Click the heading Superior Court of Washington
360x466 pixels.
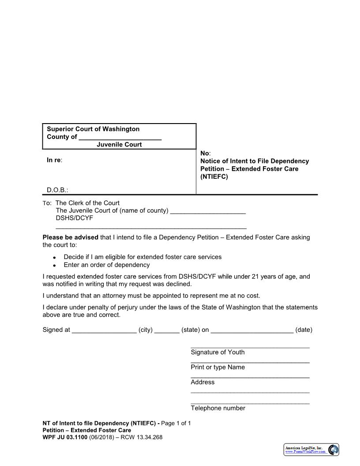coord(93,129)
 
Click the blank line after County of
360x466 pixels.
coord(120,137)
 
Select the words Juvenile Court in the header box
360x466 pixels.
coord(119,144)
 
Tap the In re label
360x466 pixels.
coord(55,160)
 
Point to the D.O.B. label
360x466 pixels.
coord(57,190)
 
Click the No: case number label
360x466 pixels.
coord(205,153)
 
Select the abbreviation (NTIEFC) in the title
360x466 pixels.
coord(214,177)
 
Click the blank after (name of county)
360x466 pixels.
coord(207,211)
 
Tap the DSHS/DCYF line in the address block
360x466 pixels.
coord(74,218)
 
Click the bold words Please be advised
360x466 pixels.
coord(71,237)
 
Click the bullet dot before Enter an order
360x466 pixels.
coord(54,266)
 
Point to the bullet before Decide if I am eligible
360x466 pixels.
coord(54,257)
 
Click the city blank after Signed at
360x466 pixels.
coord(104,331)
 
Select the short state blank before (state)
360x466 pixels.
coord(167,331)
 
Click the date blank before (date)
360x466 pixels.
coord(252,331)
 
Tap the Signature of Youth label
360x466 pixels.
coord(217,352)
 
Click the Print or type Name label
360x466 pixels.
coord(217,367)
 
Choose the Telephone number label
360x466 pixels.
coord(218,408)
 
